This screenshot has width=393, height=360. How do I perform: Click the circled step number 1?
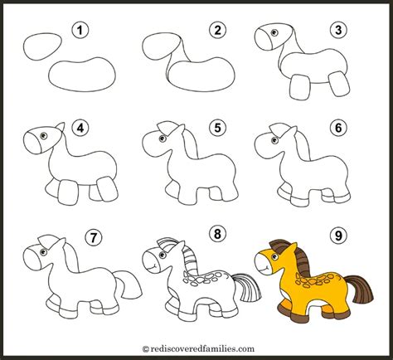(x=80, y=32)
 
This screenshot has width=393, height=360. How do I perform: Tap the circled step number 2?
(x=218, y=32)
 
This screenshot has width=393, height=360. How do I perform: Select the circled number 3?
(x=337, y=32)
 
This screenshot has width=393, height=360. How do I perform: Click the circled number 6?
(x=338, y=129)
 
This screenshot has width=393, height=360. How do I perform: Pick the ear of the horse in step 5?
(x=170, y=130)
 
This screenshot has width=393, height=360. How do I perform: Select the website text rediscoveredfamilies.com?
(x=196, y=350)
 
